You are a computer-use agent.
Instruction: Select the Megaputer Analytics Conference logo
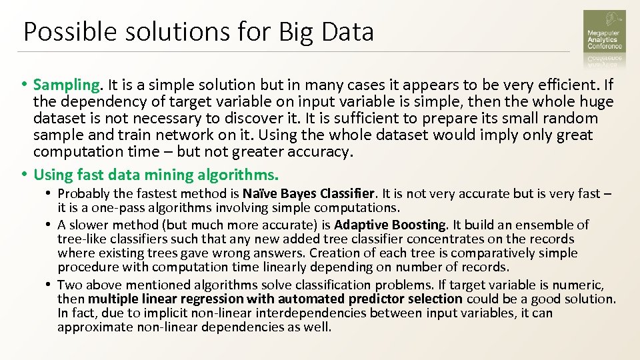[604, 36]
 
